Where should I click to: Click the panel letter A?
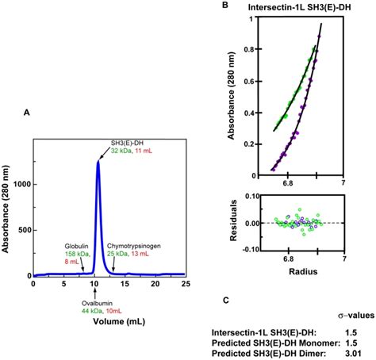tap(27, 113)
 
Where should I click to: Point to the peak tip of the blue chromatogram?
tap(98, 161)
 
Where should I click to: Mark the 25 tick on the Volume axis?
tap(184, 284)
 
